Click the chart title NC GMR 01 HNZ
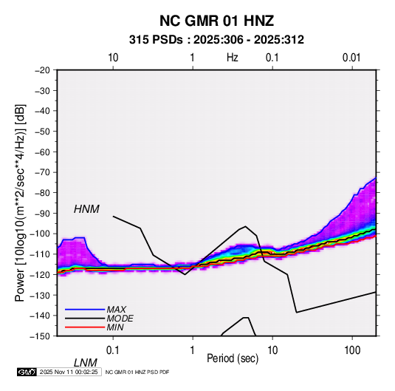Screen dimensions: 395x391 click(x=216, y=21)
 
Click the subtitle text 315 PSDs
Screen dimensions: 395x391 click(x=156, y=40)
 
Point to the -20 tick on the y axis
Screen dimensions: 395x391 click(x=42, y=70)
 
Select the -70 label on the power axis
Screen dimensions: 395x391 click(x=42, y=172)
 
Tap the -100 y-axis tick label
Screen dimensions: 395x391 click(x=40, y=234)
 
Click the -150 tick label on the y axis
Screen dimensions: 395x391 click(x=40, y=336)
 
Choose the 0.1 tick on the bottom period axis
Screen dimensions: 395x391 click(x=113, y=350)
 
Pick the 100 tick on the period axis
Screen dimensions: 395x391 click(x=352, y=350)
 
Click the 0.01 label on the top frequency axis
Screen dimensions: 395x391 click(x=351, y=58)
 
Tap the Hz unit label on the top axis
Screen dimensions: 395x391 click(x=233, y=58)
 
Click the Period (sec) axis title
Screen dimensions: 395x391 click(x=233, y=358)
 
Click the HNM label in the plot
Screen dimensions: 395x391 click(x=86, y=209)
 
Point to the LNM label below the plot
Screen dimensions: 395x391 click(x=85, y=363)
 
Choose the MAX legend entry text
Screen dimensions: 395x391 click(x=116, y=310)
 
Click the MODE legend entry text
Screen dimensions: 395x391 click(x=120, y=319)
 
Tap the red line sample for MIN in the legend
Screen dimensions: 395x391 click(x=85, y=327)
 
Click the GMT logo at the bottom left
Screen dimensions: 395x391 click(x=27, y=372)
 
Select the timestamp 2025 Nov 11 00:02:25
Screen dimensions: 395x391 click(x=69, y=372)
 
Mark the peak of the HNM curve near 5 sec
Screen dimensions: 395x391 click(x=246, y=226)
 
